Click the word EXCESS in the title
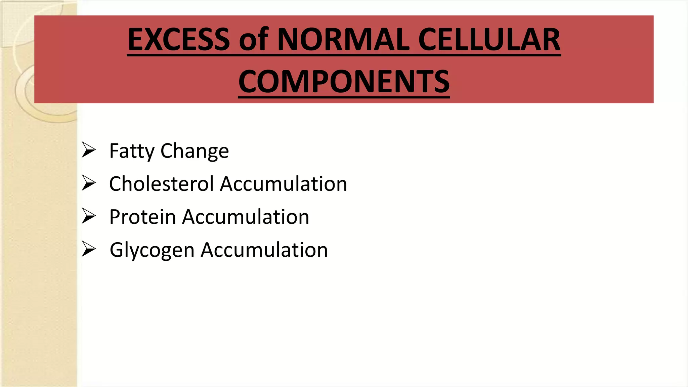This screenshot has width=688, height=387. point(179,40)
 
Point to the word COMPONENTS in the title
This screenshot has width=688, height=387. point(344,82)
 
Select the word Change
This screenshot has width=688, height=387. point(195,151)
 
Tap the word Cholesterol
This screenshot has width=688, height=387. point(162,184)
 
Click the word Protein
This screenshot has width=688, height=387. point(142,217)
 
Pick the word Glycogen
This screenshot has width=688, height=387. point(152,250)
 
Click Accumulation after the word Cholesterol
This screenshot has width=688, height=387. point(284,184)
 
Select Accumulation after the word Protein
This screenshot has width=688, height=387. point(246,217)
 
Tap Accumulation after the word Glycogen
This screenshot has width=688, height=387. point(264,250)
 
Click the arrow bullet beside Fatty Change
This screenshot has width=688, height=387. point(89,150)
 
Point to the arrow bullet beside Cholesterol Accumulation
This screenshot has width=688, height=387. point(89,183)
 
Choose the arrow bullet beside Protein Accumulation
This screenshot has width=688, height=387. point(89,216)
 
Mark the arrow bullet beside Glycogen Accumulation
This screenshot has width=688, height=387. point(89,249)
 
